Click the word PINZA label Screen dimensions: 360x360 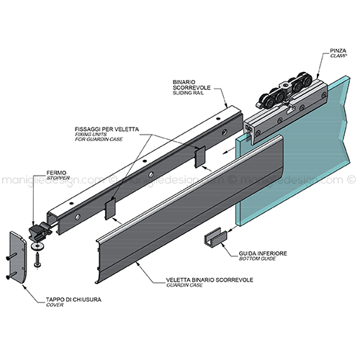point(338,50)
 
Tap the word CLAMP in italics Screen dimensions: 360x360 point(338,56)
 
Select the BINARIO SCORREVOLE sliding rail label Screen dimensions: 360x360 point(192,87)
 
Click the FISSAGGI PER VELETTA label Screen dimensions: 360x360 point(107,130)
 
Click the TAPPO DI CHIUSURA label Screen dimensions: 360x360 point(73,300)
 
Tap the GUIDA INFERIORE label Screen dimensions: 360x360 point(263,253)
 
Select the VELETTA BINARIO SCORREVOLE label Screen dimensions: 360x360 point(210,280)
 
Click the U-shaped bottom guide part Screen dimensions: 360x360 point(215,237)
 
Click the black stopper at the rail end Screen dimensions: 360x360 point(40,230)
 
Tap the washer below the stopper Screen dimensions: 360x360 point(36,246)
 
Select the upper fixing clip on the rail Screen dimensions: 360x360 point(200,157)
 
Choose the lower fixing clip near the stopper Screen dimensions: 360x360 point(110,209)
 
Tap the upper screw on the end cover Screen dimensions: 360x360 point(12,256)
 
